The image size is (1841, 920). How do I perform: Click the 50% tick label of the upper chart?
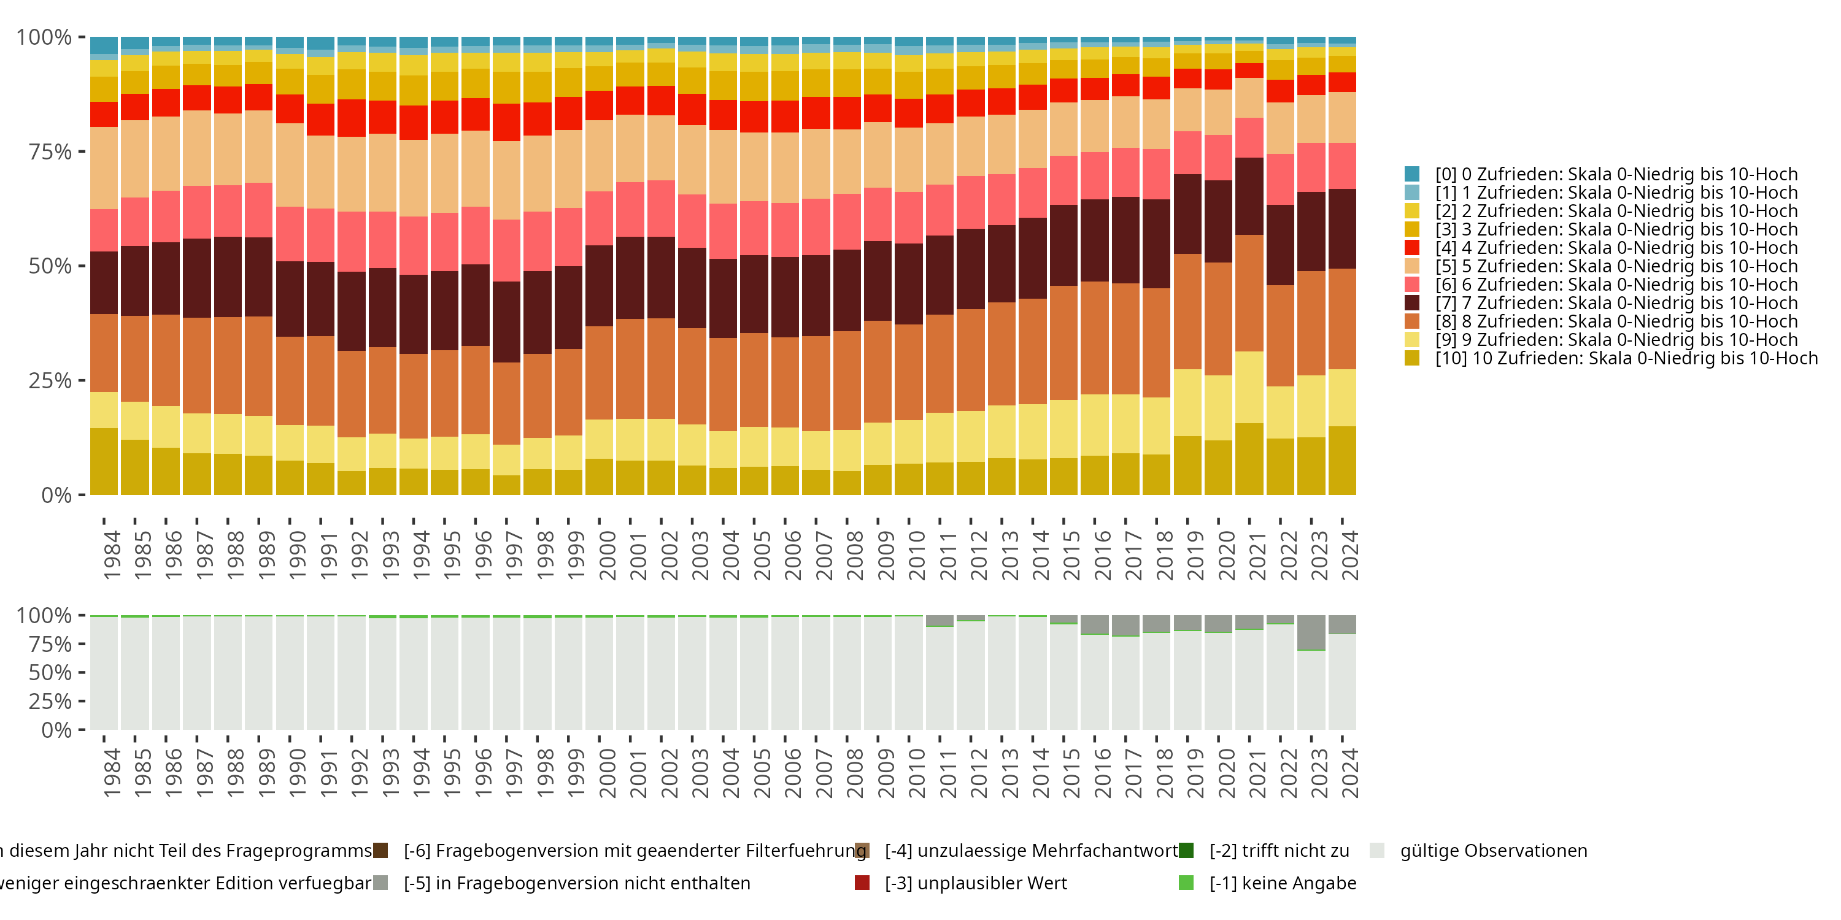tap(49, 266)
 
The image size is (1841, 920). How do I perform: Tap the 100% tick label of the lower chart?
tap(44, 616)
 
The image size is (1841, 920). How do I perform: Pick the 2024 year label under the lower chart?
tap(1350, 773)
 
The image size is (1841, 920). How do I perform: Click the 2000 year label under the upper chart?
tap(608, 555)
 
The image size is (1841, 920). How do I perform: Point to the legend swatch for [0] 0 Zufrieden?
tap(1411, 174)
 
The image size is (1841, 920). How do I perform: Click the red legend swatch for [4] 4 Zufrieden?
tap(1411, 248)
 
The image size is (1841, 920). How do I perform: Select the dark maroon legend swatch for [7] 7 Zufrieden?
tap(1411, 303)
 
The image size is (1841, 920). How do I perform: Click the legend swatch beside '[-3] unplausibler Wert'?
tap(862, 883)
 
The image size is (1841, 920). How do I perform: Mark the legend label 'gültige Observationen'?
tap(1493, 851)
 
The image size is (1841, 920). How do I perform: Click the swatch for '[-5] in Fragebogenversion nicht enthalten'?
tap(381, 883)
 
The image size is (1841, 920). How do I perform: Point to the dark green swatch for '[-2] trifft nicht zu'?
tap(1186, 851)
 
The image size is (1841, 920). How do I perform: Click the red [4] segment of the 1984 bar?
tap(104, 114)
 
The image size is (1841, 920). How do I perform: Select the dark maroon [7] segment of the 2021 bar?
tap(1249, 196)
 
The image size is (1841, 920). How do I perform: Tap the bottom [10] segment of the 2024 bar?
tap(1342, 460)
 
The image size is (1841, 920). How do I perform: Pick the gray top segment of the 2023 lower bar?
tap(1311, 632)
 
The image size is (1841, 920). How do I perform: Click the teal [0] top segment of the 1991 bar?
tap(321, 43)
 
